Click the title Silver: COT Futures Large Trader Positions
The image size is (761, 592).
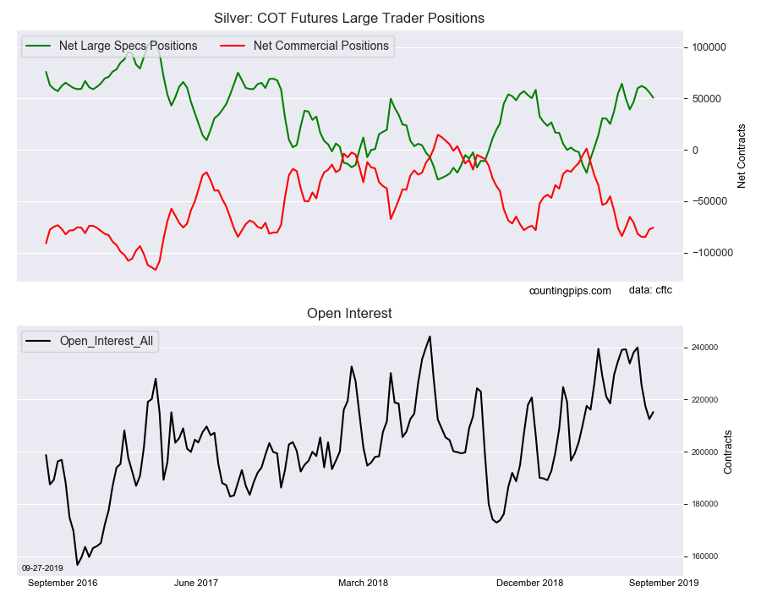pyautogui.click(x=350, y=18)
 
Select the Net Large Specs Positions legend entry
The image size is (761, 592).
pyautogui.click(x=128, y=46)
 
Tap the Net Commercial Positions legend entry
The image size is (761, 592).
pyautogui.click(x=320, y=46)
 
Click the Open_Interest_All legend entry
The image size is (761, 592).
pyautogui.click(x=107, y=341)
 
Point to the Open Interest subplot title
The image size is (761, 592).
pyautogui.click(x=350, y=314)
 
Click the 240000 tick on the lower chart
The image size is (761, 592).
pyautogui.click(x=701, y=348)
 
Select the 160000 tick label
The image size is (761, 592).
pyautogui.click(x=701, y=556)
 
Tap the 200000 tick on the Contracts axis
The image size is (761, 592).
pyautogui.click(x=701, y=452)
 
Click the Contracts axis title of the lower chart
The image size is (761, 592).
pyautogui.click(x=727, y=452)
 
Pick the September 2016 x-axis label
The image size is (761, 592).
pyautogui.click(x=63, y=583)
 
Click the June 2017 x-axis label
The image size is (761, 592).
pyautogui.click(x=196, y=583)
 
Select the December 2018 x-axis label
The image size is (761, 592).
pyautogui.click(x=529, y=583)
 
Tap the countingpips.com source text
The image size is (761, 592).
pyautogui.click(x=570, y=291)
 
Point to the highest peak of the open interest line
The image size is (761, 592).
pyautogui.click(x=430, y=337)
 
